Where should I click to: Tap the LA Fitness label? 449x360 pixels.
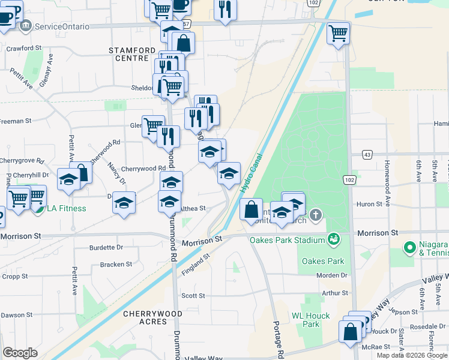coord(67,209)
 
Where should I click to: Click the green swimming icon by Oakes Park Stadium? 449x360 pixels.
coord(334,240)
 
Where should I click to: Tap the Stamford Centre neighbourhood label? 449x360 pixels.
coord(128,54)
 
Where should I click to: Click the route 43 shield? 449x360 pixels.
coord(366,155)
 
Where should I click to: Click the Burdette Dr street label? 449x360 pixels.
coord(106,247)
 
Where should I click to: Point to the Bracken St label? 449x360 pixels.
coord(116,264)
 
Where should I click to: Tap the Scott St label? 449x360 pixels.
coord(193,296)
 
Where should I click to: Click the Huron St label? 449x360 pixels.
coord(370,204)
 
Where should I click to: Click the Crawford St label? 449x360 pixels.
coord(24,47)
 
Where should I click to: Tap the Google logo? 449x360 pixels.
coord(20,353)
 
